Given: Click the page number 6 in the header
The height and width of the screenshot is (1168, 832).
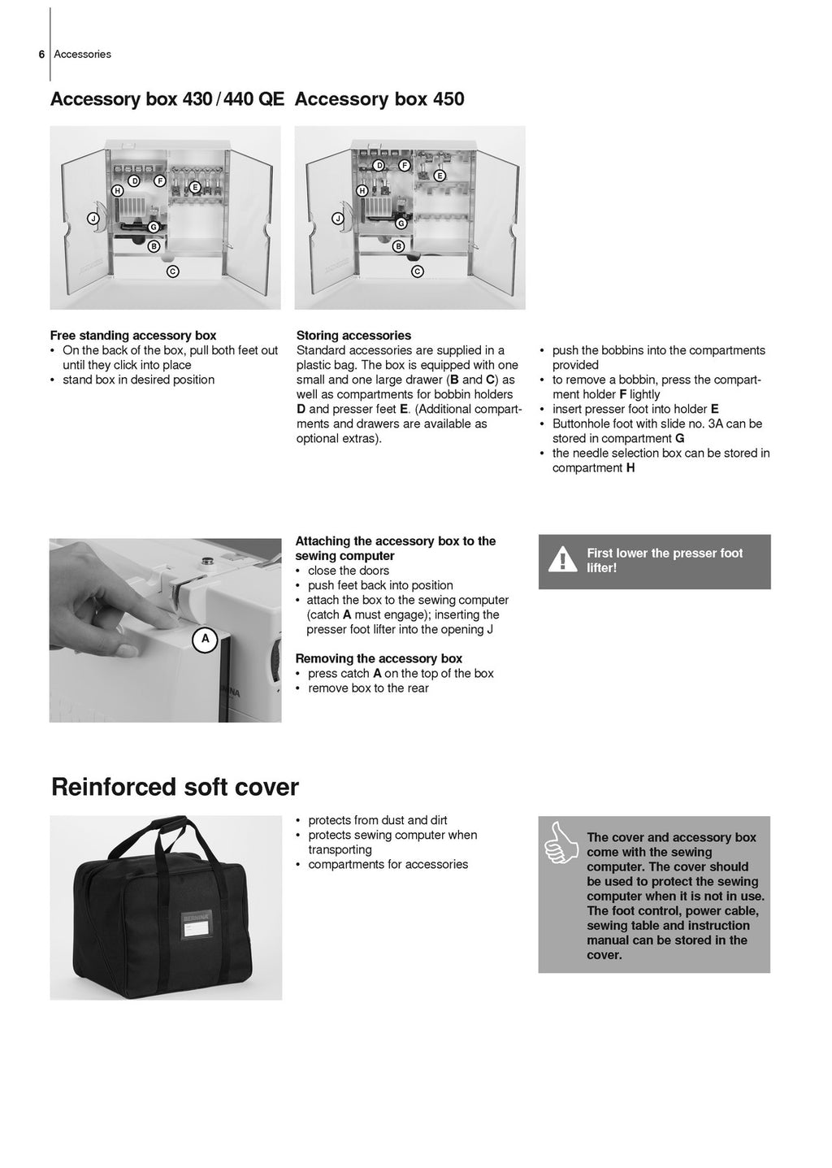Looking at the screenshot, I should coord(41,54).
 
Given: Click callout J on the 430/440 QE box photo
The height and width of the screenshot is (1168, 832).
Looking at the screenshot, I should coord(93,219).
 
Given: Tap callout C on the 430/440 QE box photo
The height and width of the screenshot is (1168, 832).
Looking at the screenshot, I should coord(172,271).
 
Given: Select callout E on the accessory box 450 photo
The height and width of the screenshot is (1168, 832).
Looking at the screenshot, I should coord(440,176).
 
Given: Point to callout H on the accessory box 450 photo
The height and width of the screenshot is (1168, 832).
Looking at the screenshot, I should coord(362,190).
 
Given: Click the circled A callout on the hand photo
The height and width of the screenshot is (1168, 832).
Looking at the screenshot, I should coord(205,639).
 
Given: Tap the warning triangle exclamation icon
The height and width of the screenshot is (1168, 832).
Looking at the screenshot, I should coord(562,561).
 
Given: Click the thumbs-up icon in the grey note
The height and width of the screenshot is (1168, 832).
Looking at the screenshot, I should coord(558,842).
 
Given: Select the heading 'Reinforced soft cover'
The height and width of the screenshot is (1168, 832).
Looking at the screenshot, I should coord(175,787).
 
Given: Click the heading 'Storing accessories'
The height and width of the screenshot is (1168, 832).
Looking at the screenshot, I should coord(353,336).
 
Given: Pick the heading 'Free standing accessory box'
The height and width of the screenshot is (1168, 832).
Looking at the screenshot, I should coord(133,336).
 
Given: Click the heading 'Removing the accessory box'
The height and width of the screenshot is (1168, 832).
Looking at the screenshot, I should coord(379,658).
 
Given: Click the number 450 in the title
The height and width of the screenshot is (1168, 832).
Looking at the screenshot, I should coord(448,99).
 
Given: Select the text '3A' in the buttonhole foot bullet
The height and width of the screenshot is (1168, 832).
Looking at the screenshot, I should coord(716,423).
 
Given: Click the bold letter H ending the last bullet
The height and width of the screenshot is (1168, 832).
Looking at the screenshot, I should coord(630,468).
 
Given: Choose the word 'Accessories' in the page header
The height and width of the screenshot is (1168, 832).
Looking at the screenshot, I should coord(82,54).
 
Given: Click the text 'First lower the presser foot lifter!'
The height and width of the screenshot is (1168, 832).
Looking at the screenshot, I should coord(665,561).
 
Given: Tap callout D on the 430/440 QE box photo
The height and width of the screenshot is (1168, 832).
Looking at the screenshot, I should coord(134,180).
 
